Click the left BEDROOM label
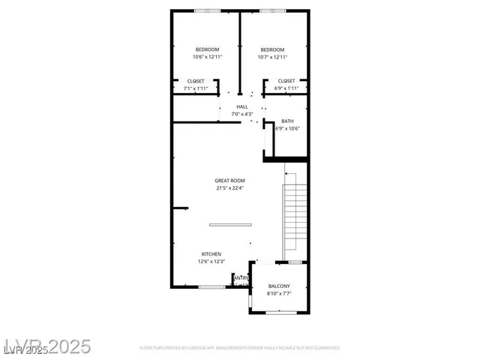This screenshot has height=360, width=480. pos(206,49)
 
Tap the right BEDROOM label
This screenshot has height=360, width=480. pos(272,49)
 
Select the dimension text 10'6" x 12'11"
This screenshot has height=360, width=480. pos(206,57)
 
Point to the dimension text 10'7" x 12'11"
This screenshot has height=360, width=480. pos(272,57)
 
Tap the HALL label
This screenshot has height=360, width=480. pos(242,106)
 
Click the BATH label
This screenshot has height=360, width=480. pos(287,121)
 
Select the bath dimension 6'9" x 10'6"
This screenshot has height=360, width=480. pos(287,128)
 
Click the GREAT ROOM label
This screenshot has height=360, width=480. pos(229,180)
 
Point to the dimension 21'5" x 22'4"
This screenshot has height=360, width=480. pos(229,187)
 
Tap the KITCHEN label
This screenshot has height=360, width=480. pos(211,254)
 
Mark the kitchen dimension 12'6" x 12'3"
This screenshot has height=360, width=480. pos(211,262)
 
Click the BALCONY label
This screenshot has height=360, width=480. pos(279,286)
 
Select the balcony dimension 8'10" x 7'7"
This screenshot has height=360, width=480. pos(279,293)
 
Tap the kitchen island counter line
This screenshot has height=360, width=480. pos(231,224)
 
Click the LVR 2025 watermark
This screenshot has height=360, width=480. pos(46,346)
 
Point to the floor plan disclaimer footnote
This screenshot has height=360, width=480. pos(240,348)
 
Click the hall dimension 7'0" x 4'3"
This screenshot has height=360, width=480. pos(242,114)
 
